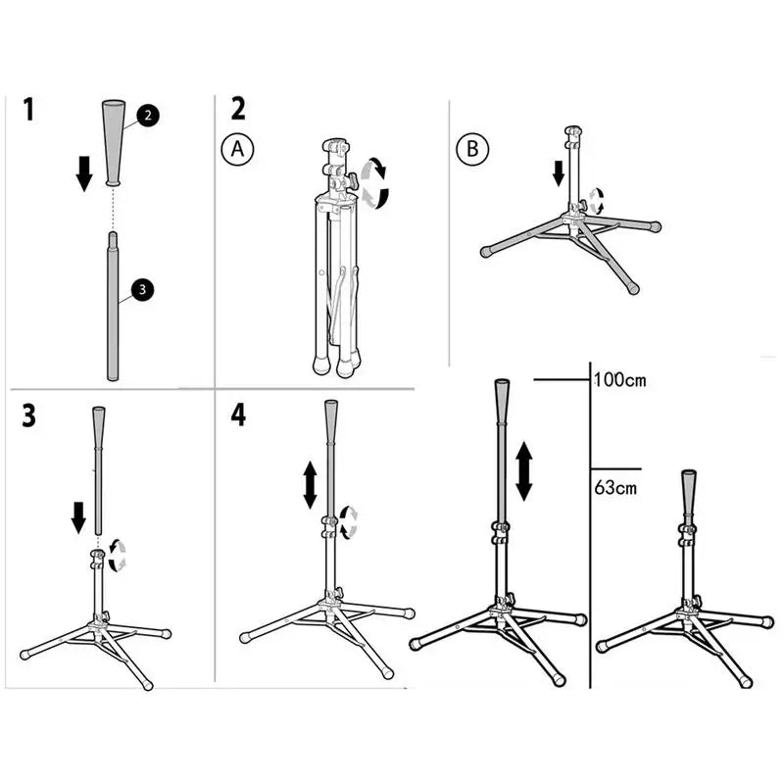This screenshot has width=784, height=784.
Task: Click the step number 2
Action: (x=238, y=109)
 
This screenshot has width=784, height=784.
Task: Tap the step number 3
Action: (x=29, y=416)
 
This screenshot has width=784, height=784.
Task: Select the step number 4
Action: (x=238, y=416)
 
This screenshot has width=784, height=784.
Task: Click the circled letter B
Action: (x=470, y=149)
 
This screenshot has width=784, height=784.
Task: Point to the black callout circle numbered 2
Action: (x=146, y=115)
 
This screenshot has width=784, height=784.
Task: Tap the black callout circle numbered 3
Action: (x=142, y=289)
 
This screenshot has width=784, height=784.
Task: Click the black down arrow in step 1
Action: (x=85, y=171)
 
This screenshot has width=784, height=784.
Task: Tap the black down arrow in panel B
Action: (x=558, y=172)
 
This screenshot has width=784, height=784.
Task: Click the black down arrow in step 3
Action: (x=79, y=514)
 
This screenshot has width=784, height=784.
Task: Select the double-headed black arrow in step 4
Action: (x=310, y=485)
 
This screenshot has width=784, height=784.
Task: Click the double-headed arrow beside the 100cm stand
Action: (x=524, y=470)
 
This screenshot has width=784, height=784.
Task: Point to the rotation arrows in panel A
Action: (x=373, y=184)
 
